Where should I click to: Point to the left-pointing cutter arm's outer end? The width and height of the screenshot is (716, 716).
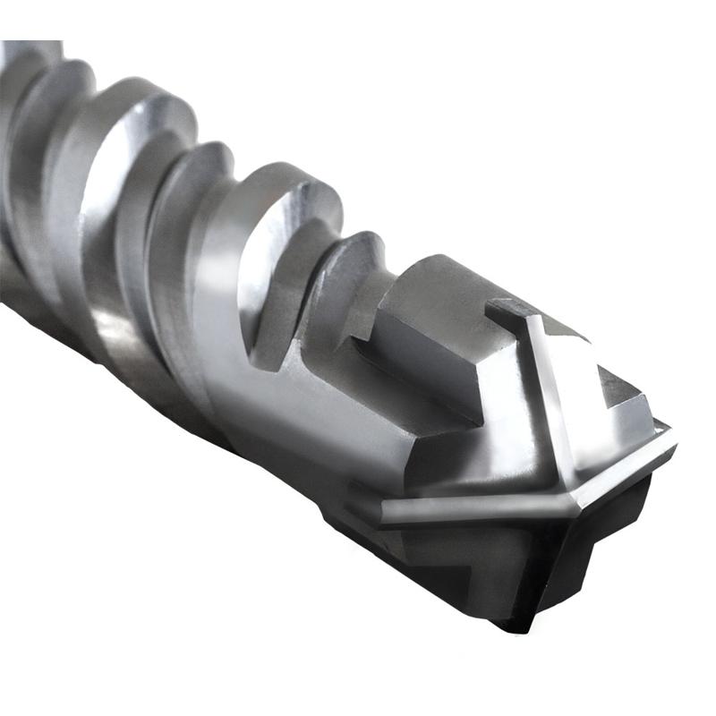pos(387,514)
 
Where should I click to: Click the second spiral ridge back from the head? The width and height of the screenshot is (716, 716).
pos(286,206)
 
